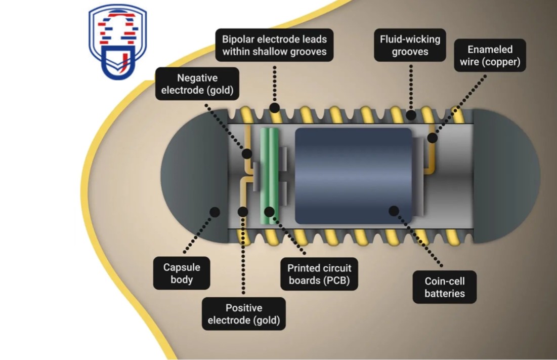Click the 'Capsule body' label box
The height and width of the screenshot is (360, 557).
pyautogui.click(x=182, y=273)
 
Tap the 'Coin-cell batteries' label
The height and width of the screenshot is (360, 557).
pyautogui.click(x=445, y=287)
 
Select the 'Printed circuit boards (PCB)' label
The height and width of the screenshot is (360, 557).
pyautogui.click(x=319, y=274)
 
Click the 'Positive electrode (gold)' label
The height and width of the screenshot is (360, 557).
pyautogui.click(x=243, y=314)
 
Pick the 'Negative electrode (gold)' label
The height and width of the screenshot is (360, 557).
pyautogui.click(x=197, y=85)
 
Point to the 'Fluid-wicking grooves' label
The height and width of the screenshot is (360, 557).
pyautogui.click(x=410, y=45)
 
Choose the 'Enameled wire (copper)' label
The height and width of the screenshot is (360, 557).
pyautogui.click(x=490, y=56)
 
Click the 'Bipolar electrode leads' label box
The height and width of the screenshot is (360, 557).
pyautogui.click(x=275, y=45)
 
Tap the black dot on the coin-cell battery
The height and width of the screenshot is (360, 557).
pyautogui.click(x=394, y=210)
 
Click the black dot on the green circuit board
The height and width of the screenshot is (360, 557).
pyautogui.click(x=269, y=212)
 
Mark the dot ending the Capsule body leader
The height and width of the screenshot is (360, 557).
pyautogui.click(x=215, y=212)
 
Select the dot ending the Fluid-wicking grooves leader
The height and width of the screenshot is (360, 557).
pyautogui.click(x=411, y=115)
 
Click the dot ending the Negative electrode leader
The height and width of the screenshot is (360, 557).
pyautogui.click(x=247, y=153)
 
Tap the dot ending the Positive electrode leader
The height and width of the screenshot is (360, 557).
pyautogui.click(x=243, y=212)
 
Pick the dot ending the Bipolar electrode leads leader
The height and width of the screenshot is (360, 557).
pyautogui.click(x=275, y=107)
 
